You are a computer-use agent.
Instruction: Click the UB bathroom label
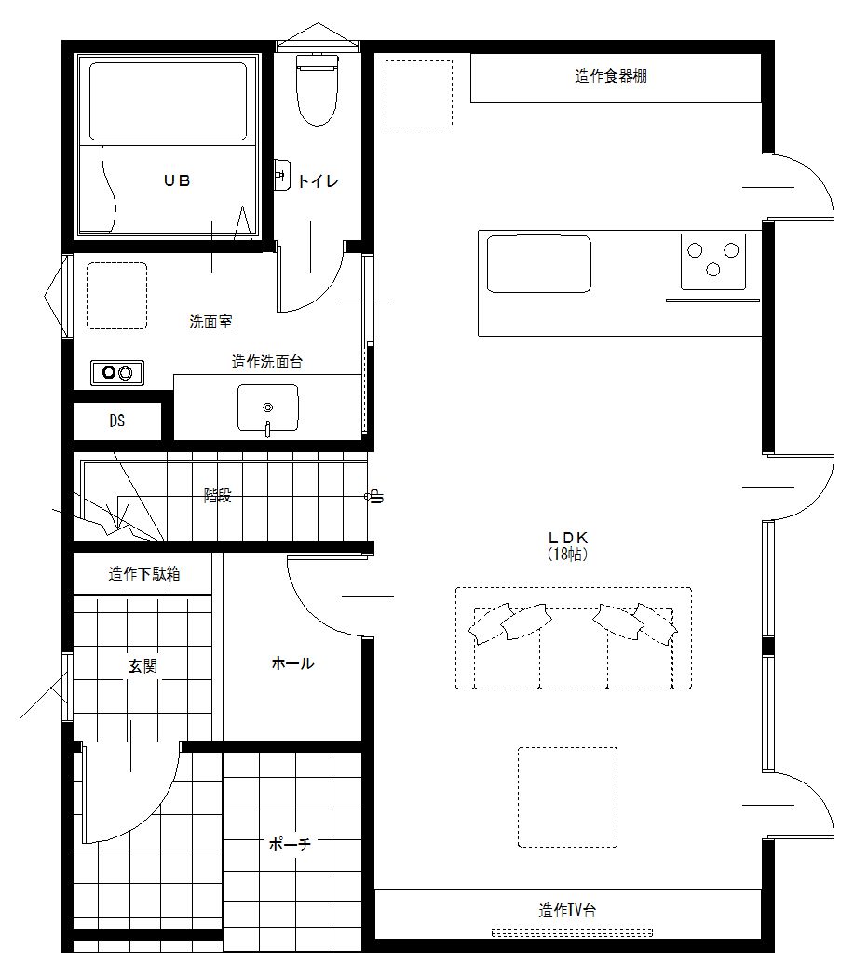(x=177, y=180)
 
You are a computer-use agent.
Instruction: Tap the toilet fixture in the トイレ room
(x=318, y=89)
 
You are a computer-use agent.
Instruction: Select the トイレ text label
(x=319, y=181)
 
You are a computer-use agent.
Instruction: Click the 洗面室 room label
(x=210, y=322)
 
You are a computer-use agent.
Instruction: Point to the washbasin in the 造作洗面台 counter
(x=268, y=408)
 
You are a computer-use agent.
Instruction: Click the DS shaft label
(x=117, y=421)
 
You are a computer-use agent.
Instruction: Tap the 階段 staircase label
(x=218, y=496)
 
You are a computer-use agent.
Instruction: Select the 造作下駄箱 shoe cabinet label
(x=144, y=573)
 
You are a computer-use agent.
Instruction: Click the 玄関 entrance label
(x=142, y=666)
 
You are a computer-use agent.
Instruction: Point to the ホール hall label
(x=292, y=663)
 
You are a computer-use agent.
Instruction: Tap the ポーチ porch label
(x=290, y=844)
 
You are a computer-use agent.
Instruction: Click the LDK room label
(x=568, y=537)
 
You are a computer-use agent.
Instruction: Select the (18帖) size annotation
(x=567, y=554)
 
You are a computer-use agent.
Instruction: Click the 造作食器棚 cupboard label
(x=611, y=76)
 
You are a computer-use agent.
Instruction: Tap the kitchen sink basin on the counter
(x=539, y=264)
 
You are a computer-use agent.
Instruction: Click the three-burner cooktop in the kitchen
(x=713, y=261)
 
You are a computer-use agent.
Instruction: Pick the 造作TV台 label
(x=567, y=911)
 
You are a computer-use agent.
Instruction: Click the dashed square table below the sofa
(x=567, y=797)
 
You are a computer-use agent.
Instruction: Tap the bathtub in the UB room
(x=168, y=100)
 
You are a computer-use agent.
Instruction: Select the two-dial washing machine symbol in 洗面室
(x=117, y=373)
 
